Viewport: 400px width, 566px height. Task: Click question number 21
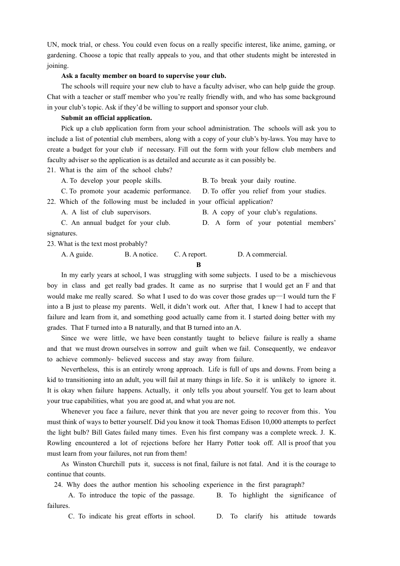[51, 170]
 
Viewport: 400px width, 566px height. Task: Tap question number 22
[51, 202]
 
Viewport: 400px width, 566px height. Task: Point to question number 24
[58, 485]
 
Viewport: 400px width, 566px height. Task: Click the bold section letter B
[199, 265]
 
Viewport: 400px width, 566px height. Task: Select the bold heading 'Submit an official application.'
[107, 118]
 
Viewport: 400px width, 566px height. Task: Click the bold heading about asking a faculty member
[144, 76]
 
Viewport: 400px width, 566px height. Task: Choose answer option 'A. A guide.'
[77, 254]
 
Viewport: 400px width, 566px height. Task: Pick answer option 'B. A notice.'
[141, 254]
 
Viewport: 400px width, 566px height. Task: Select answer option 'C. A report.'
[190, 254]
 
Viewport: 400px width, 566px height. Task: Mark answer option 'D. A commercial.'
[262, 254]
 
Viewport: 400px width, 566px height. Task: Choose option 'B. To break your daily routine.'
[249, 181]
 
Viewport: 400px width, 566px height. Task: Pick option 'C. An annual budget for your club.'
[116, 223]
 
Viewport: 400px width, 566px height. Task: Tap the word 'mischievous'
[318, 275]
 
